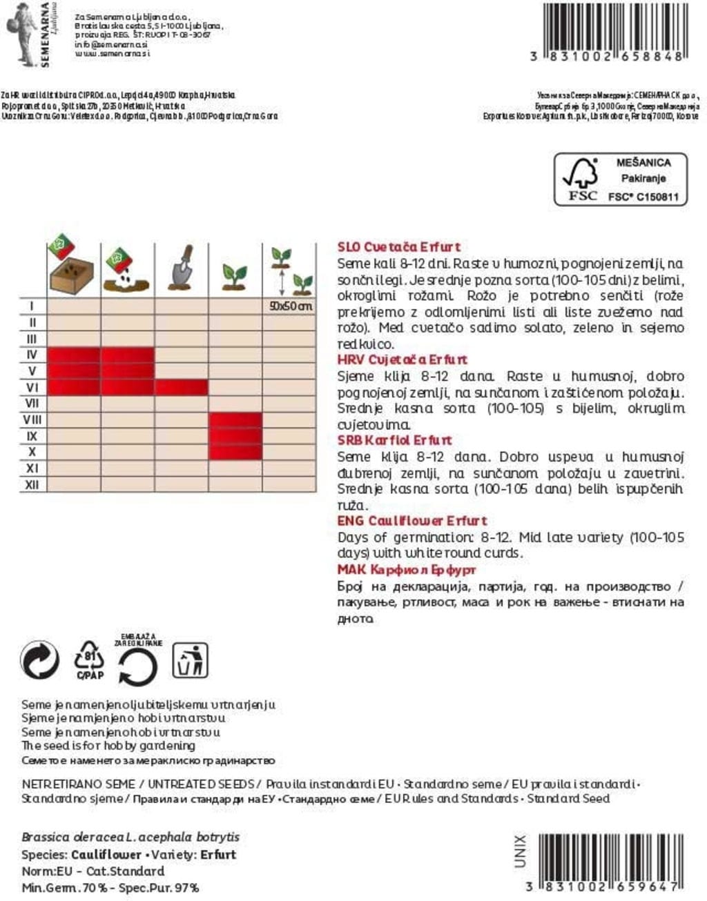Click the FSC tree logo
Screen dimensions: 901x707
pyautogui.click(x=581, y=179)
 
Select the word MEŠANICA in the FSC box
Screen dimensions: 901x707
pyautogui.click(x=643, y=163)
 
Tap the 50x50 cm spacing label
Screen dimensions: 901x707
pyautogui.click(x=290, y=306)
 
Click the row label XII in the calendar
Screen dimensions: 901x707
pyautogui.click(x=32, y=485)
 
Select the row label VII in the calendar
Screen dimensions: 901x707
pyautogui.click(x=32, y=403)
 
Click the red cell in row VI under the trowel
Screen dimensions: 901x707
pyautogui.click(x=181, y=387)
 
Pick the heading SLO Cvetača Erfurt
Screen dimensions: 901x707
pyautogui.click(x=398, y=247)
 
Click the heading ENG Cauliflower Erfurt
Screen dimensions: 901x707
pyautogui.click(x=411, y=521)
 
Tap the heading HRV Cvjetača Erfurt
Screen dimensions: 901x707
pyautogui.click(x=402, y=359)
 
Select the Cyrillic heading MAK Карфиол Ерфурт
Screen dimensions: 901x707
pyautogui.click(x=406, y=570)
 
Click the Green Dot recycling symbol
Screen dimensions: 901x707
pyautogui.click(x=40, y=660)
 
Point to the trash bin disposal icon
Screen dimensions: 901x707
pyautogui.click(x=190, y=660)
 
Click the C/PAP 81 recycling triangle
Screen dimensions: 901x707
pyautogui.click(x=90, y=660)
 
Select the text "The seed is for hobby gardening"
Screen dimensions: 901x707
pyautogui.click(x=108, y=746)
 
